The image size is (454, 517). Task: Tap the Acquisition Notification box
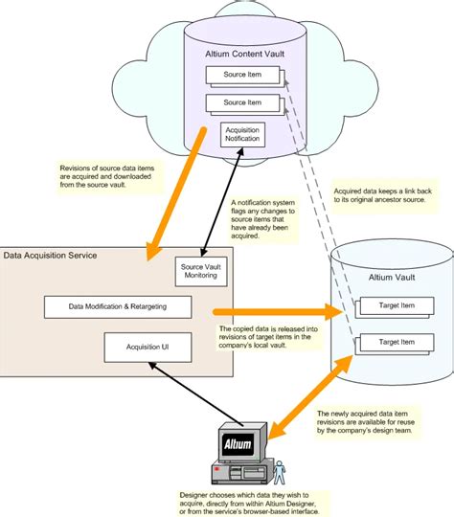click(242, 135)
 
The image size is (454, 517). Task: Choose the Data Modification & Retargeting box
click(118, 306)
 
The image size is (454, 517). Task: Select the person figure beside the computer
click(282, 472)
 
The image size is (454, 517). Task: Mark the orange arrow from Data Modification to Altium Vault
click(278, 312)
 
